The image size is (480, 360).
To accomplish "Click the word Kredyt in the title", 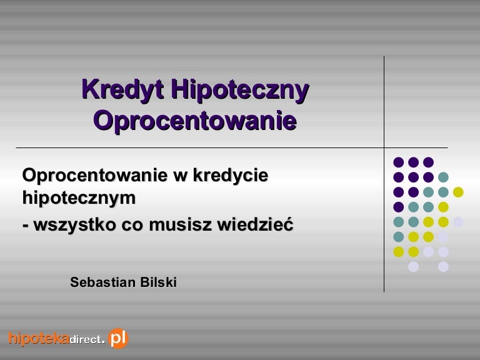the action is (122, 90).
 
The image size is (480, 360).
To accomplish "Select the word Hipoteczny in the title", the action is (240, 90).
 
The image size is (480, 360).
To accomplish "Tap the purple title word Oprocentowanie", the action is (195, 120).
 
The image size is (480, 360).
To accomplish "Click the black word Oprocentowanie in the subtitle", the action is (95, 176).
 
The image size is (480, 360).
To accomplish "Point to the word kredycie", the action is (231, 175).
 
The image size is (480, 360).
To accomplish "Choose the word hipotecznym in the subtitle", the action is (79, 197).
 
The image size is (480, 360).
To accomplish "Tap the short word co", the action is (132, 225).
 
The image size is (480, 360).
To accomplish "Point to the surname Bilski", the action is (158, 282).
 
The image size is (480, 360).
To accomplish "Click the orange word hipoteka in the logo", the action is (39, 339).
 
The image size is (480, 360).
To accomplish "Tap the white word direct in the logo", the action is (86, 339).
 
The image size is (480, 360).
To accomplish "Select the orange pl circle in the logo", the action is (119, 338).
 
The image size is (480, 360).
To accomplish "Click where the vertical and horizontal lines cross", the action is (384, 147).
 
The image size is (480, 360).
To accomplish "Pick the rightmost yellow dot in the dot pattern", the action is (458, 192).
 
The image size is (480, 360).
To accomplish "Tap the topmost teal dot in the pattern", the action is (443, 177).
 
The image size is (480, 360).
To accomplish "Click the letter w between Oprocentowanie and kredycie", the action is (180, 176).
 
